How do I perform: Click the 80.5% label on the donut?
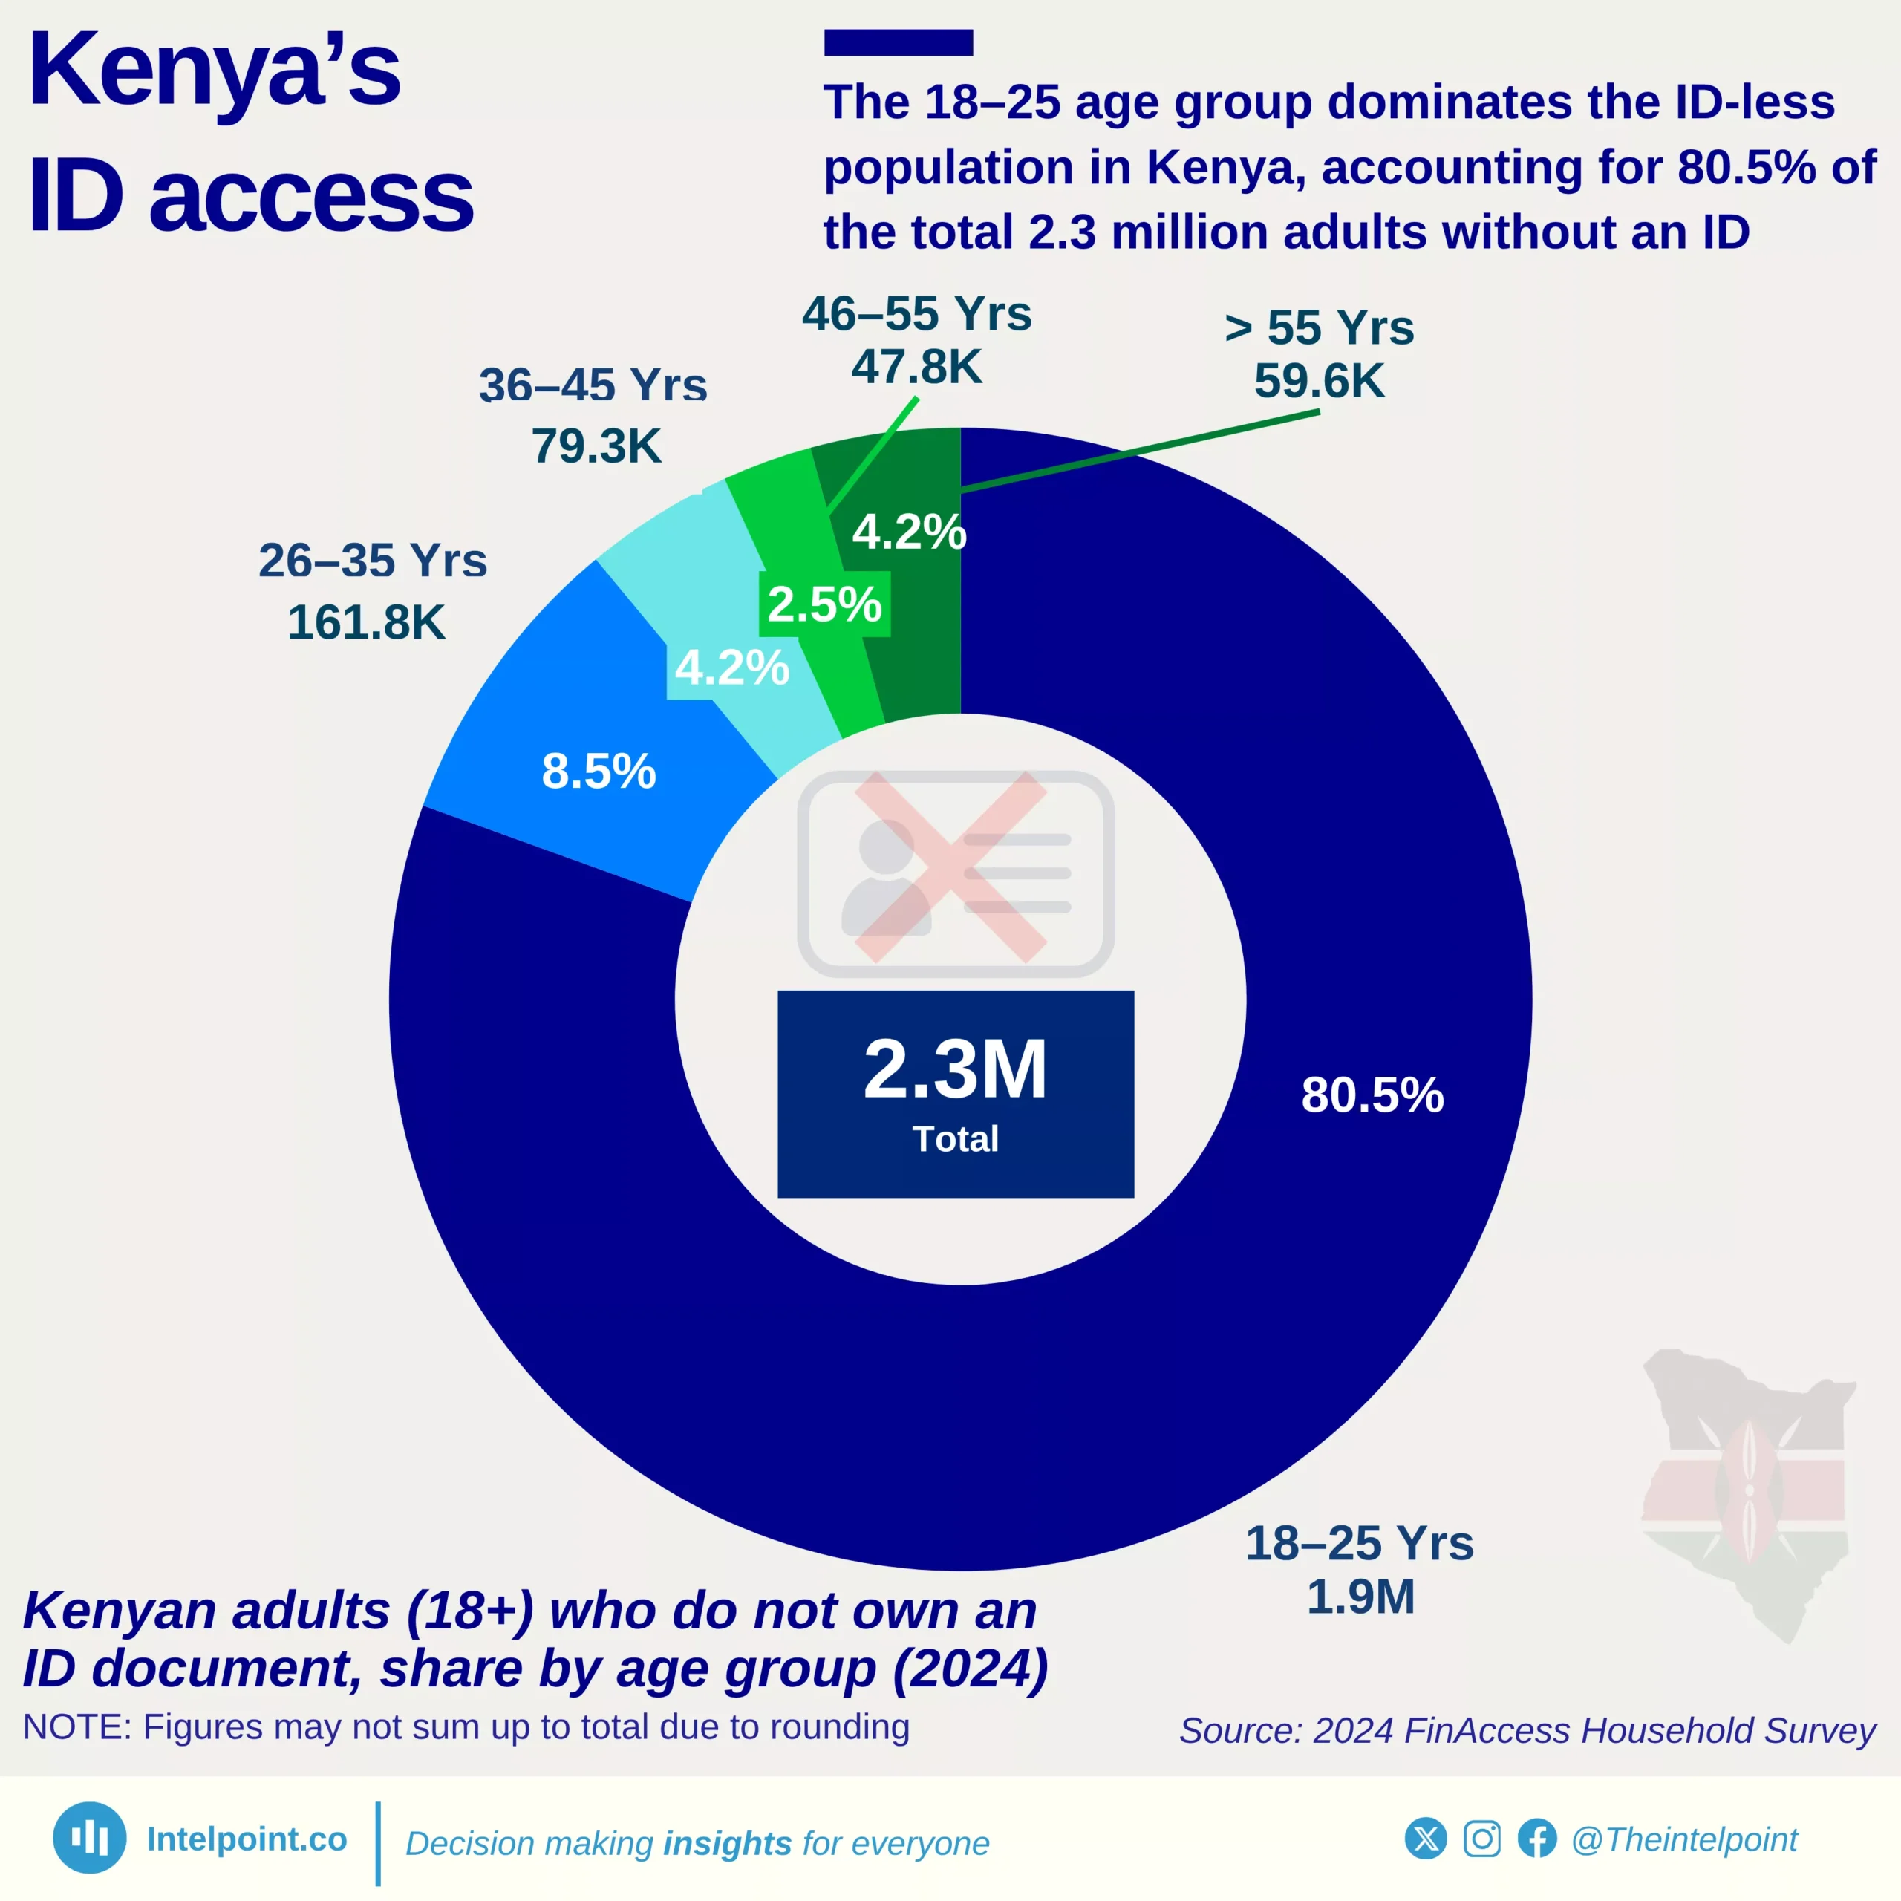click(1372, 1095)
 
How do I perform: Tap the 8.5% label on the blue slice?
click(599, 771)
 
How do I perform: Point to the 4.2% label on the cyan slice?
click(731, 668)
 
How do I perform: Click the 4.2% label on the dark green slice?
click(908, 532)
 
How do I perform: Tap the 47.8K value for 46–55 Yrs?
click(916, 367)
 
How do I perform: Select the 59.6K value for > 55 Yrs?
click(1319, 381)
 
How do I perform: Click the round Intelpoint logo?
click(90, 1837)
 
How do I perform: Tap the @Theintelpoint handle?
click(1683, 1839)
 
